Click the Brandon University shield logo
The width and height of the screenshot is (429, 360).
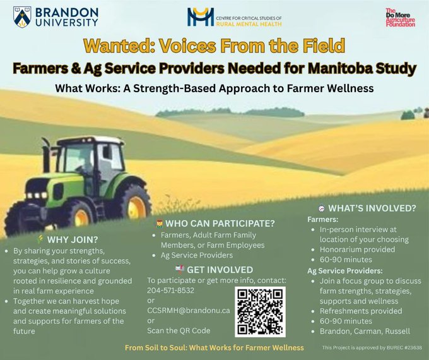(x=22, y=16)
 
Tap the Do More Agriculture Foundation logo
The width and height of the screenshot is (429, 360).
(x=400, y=17)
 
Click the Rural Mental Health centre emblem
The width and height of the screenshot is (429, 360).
(x=201, y=16)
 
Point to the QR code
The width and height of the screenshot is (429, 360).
(x=260, y=311)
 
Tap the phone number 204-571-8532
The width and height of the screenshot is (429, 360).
(x=170, y=290)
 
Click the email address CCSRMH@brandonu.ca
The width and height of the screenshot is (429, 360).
(x=189, y=311)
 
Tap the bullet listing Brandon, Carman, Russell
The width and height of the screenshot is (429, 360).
(x=365, y=331)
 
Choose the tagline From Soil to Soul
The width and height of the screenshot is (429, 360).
(x=214, y=347)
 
